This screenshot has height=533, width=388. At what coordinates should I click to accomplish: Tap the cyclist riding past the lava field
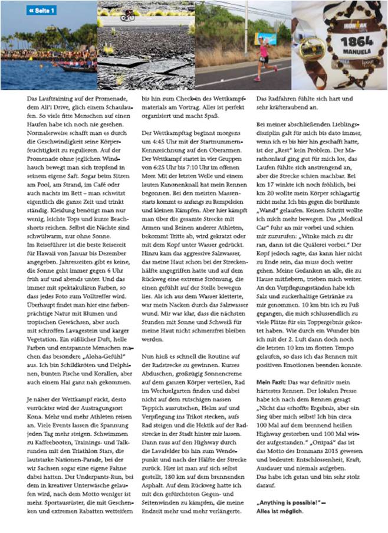pyautogui.click(x=127, y=16)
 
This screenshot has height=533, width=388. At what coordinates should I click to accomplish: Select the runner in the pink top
pyautogui.click(x=262, y=56)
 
